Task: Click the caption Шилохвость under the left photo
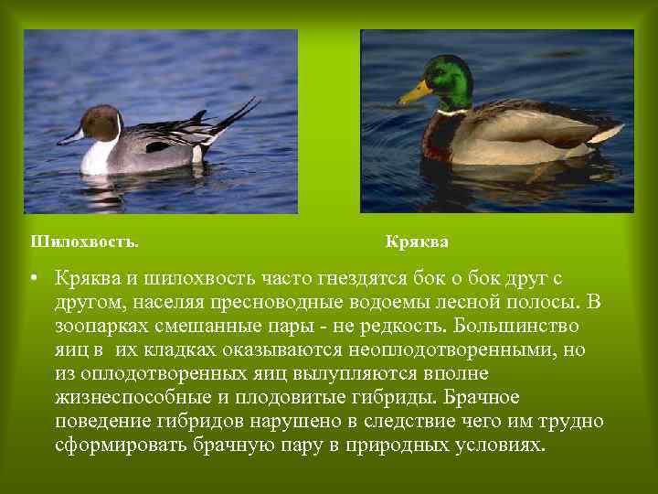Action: pyautogui.click(x=84, y=242)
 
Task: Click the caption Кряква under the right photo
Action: pyautogui.click(x=417, y=242)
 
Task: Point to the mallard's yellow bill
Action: pyautogui.click(x=416, y=91)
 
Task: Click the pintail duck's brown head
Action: pyautogui.click(x=101, y=122)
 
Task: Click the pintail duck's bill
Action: pyautogui.click(x=69, y=138)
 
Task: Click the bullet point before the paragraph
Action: pyautogui.click(x=32, y=278)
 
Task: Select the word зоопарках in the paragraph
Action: pyautogui.click(x=111, y=326)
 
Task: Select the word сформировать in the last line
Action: pyautogui.click(x=120, y=445)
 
